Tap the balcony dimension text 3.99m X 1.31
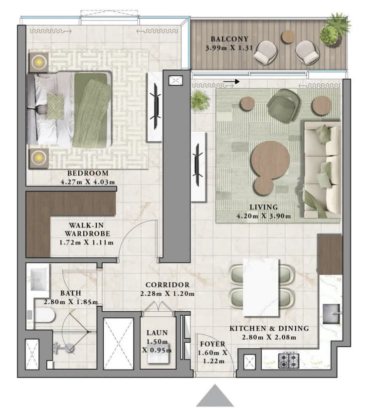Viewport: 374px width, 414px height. point(229,48)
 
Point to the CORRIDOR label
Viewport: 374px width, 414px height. point(165,285)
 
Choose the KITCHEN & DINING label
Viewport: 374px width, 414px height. point(269,328)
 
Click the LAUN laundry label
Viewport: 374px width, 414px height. point(157,333)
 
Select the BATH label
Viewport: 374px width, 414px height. point(72,293)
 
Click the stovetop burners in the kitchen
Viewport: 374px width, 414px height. point(288,360)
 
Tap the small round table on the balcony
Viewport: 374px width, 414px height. point(288,36)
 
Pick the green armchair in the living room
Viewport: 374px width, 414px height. point(282,105)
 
